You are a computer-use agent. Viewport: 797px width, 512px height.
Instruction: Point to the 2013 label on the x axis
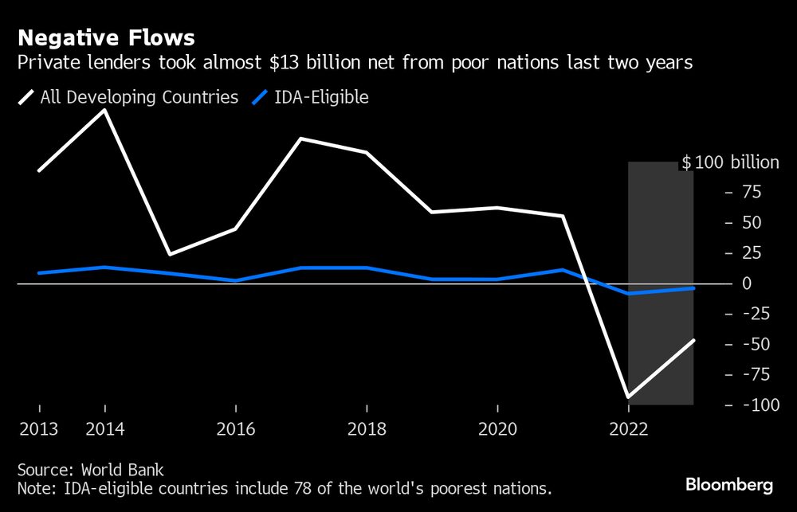tap(38, 429)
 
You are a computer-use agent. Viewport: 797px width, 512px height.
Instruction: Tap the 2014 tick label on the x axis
tap(104, 429)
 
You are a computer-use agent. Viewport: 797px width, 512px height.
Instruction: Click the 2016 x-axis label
tap(235, 429)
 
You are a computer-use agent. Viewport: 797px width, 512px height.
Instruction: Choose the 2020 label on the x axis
tap(497, 429)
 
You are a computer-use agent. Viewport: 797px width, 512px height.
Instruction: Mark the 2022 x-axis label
tap(628, 429)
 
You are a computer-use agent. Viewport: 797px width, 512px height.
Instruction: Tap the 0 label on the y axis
tap(747, 283)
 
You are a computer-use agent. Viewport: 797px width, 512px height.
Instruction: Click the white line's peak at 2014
tap(104, 110)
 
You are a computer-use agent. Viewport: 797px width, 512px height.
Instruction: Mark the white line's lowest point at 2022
tap(629, 397)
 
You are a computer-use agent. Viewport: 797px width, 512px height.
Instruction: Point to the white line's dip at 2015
tap(170, 255)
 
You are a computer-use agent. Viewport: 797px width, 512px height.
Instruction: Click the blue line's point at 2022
tap(629, 294)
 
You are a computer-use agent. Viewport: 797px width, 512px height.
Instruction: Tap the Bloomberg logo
tap(729, 484)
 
